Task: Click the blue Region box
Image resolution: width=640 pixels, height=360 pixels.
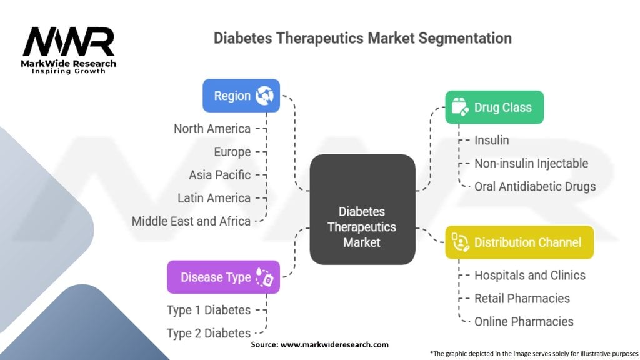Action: click(x=241, y=96)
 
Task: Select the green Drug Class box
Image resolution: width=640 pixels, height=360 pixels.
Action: click(x=494, y=107)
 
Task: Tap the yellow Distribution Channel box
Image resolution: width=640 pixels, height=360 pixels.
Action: click(x=519, y=242)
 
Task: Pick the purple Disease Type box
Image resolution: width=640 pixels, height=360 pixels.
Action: click(x=223, y=277)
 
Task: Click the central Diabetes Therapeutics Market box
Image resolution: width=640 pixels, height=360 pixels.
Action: click(x=362, y=209)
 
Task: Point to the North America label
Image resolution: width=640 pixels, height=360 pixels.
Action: click(x=212, y=129)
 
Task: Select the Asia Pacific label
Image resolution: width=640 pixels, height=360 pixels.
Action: click(x=219, y=175)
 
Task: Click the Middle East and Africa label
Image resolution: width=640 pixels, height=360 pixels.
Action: click(x=191, y=221)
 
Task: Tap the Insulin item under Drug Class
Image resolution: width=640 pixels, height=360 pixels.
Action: click(x=491, y=141)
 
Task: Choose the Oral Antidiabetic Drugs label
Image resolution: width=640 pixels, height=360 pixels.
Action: click(x=535, y=186)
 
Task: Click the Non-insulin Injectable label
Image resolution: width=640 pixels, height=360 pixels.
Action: click(x=531, y=164)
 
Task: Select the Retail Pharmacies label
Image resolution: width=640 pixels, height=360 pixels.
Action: click(x=522, y=298)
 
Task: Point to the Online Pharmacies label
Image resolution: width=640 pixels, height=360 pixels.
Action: click(x=524, y=321)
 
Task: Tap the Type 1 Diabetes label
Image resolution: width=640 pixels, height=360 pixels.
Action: click(x=208, y=310)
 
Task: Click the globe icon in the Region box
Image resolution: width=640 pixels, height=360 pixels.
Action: click(x=265, y=96)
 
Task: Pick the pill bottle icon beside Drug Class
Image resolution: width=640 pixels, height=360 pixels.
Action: click(x=460, y=107)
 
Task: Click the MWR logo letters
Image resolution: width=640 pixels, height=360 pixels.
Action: click(x=69, y=42)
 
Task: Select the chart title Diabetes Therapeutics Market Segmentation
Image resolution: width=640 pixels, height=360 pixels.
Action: click(x=362, y=38)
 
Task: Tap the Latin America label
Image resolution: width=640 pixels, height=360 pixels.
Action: click(x=214, y=198)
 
